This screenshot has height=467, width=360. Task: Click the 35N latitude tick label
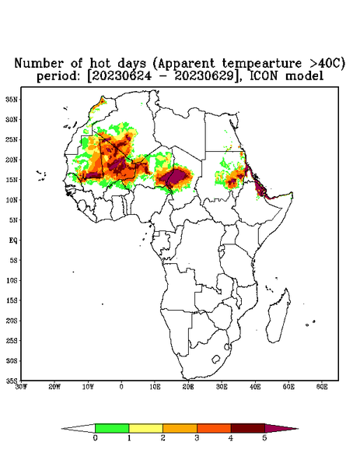click(12, 100)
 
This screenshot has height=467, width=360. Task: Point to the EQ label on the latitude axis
click(12, 240)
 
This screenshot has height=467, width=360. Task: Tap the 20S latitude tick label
click(12, 321)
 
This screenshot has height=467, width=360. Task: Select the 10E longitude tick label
click(155, 387)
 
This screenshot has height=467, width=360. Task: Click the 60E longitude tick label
click(322, 387)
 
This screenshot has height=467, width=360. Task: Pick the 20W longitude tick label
click(54, 387)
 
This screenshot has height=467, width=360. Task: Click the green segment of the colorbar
click(112, 428)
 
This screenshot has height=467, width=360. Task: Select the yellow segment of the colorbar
click(145, 428)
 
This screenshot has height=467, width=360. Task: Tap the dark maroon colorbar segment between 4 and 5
click(248, 428)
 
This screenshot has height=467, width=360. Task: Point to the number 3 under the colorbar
click(197, 438)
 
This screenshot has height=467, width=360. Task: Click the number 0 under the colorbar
click(95, 438)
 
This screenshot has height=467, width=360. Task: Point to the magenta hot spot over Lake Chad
click(174, 177)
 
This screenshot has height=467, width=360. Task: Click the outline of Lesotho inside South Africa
click(216, 359)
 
